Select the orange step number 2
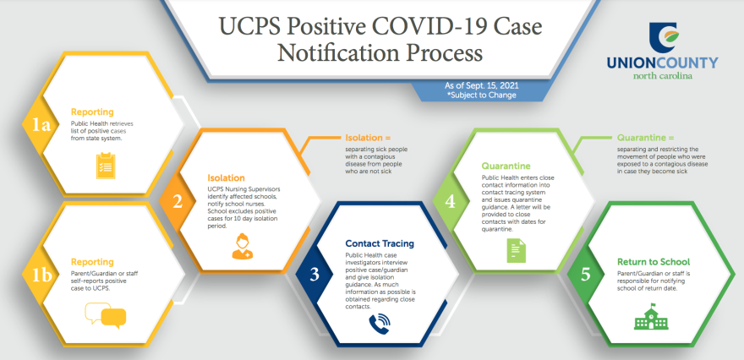[x=178, y=202]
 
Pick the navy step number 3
[x=315, y=275]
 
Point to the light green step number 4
[x=450, y=202]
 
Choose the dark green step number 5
[x=586, y=275]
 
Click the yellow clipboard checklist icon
[x=104, y=166]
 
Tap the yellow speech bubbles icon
[x=106, y=316]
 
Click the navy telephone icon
[x=379, y=322]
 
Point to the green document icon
[x=517, y=251]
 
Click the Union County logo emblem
[x=665, y=38]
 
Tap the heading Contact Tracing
[x=380, y=243]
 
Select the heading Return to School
[x=654, y=262]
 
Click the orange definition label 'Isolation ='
[x=368, y=138]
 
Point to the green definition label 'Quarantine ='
[x=645, y=138]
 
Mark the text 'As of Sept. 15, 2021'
[x=482, y=86]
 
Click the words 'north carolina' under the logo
[x=662, y=76]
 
